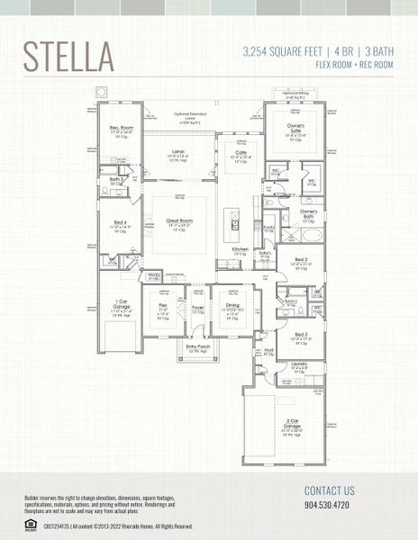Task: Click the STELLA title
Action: click(x=68, y=55)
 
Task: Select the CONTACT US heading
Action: click(x=330, y=490)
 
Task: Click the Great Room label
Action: click(x=180, y=220)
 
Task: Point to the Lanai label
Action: click(x=177, y=152)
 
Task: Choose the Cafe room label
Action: click(x=240, y=152)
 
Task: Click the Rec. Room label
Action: click(x=122, y=128)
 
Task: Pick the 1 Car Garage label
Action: click(x=121, y=304)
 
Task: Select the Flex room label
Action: click(x=163, y=305)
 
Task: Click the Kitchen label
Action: click(x=240, y=248)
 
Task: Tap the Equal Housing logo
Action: click(x=30, y=525)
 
